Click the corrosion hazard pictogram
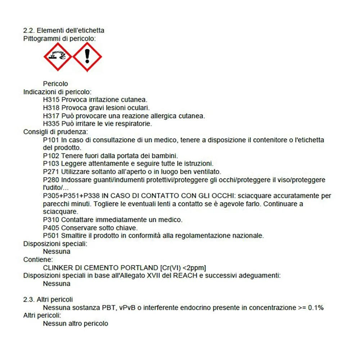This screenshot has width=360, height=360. [x=58, y=57]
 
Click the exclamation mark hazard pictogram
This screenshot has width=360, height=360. [x=87, y=57]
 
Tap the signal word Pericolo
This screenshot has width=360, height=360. [x=55, y=84]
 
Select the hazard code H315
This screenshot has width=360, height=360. [x=51, y=100]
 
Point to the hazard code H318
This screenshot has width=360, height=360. [x=51, y=108]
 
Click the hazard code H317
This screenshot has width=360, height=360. [x=51, y=116]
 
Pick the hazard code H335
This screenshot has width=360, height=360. [x=51, y=124]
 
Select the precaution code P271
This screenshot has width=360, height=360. [x=51, y=172]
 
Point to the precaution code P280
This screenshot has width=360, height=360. [x=51, y=180]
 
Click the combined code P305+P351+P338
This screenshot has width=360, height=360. [x=71, y=196]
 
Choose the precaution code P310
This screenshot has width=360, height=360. [x=51, y=220]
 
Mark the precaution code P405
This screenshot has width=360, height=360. [x=51, y=228]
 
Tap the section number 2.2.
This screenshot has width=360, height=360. [x=28, y=31]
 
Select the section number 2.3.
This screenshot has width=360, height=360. [x=28, y=300]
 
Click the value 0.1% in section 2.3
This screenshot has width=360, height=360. [x=316, y=308]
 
